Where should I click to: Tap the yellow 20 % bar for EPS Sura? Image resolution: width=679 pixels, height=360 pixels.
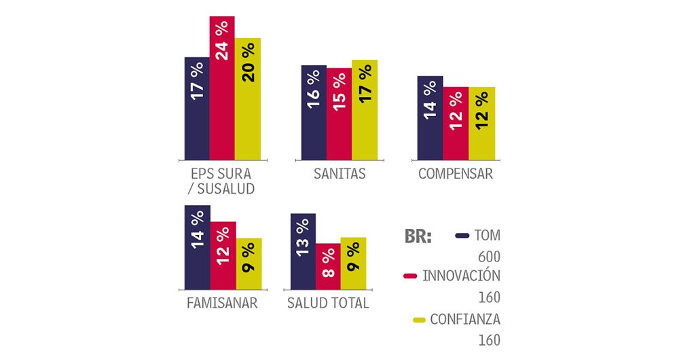pos(248,98)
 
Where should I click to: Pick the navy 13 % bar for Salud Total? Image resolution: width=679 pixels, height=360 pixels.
pos(303,251)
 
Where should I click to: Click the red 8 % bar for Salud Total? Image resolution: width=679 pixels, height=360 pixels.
pos(328,266)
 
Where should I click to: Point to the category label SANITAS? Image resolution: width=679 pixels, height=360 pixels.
pos(339,174)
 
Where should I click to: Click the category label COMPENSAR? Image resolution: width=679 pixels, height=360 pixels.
pos(455,174)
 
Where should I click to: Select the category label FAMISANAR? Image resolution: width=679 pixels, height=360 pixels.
pos(221,303)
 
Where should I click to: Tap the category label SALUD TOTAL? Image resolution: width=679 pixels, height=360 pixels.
pos(329,303)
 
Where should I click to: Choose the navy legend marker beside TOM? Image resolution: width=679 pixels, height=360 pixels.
pos(463,236)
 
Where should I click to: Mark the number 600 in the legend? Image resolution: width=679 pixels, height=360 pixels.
pos(488,257)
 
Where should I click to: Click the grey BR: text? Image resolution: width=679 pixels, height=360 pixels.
pos(418,236)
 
